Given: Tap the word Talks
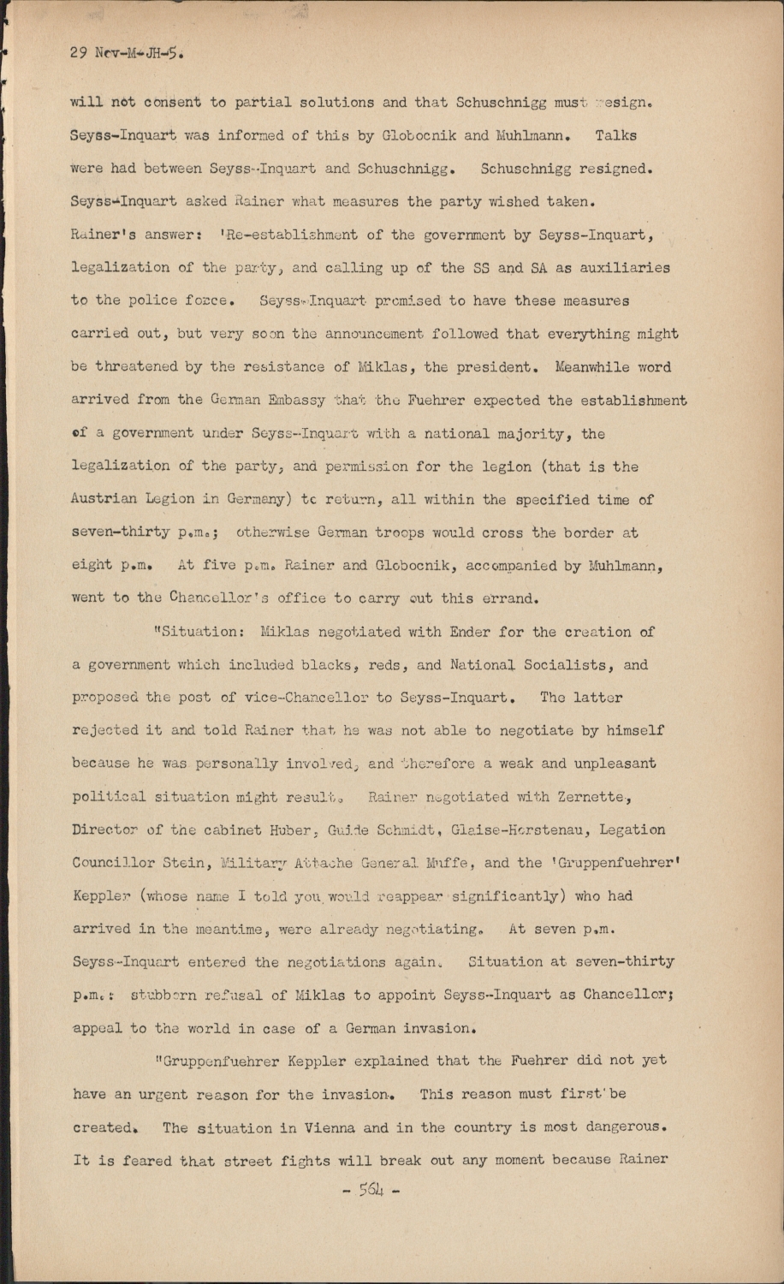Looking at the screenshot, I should click(615, 135).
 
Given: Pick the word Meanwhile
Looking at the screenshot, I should click(597, 367).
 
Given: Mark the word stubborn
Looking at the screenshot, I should click(169, 995).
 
